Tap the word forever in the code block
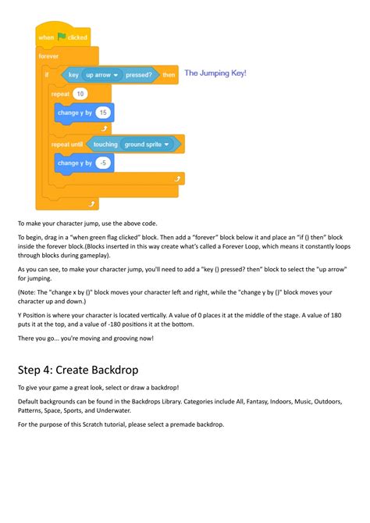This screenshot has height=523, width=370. pyautogui.click(x=49, y=56)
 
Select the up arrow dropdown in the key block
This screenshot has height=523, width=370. pyautogui.click(x=101, y=75)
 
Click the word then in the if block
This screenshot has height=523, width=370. pyautogui.click(x=169, y=75)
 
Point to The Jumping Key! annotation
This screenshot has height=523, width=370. pyautogui.click(x=215, y=73)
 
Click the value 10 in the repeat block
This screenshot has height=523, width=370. pyautogui.click(x=80, y=94)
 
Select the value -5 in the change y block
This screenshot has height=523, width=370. pyautogui.click(x=104, y=163)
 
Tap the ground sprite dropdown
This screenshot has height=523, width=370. pyautogui.click(x=149, y=144)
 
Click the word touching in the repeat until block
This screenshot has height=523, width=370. pyautogui.click(x=105, y=144)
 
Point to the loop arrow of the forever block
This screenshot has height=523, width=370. pyautogui.click(x=93, y=202)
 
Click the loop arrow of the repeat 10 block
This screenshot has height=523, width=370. pyautogui.click(x=104, y=127)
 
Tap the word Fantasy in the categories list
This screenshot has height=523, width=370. pyautogui.click(x=226, y=401)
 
